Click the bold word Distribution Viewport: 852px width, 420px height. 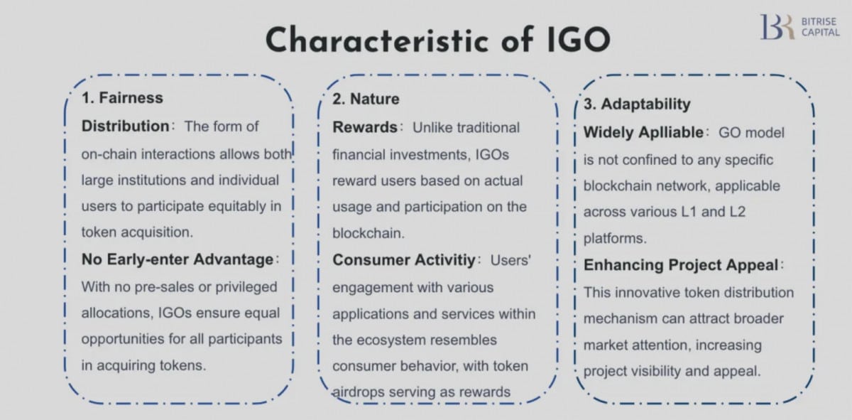point(125,126)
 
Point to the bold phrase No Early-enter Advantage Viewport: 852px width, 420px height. point(177,259)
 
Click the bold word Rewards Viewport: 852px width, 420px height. point(365,127)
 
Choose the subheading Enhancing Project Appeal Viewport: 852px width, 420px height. point(681,265)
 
